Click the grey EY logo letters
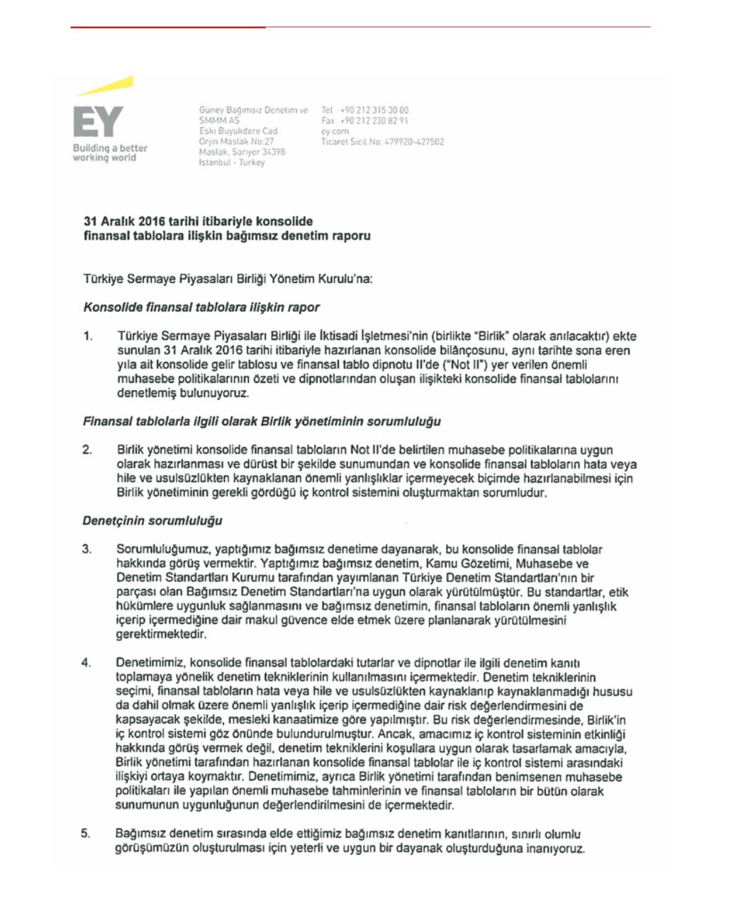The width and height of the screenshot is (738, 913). tap(99, 122)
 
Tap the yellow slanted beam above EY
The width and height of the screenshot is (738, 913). tap(106, 86)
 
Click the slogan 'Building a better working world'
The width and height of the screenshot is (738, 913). tap(110, 152)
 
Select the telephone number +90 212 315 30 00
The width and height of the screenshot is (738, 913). tap(364, 111)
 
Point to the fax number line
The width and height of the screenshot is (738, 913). tap(364, 121)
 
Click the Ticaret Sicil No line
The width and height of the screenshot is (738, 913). tap(382, 142)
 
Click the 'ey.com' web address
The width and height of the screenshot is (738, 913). tap(335, 131)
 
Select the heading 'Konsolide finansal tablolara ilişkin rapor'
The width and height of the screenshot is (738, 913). tap(201, 308)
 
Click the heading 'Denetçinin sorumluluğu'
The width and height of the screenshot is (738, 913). tap(152, 521)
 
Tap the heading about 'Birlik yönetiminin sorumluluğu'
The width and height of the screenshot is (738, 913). tap(262, 422)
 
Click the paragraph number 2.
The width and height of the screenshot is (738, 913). tap(87, 450)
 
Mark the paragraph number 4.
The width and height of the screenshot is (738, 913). tap(86, 663)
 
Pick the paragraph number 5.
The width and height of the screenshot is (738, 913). tap(86, 834)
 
